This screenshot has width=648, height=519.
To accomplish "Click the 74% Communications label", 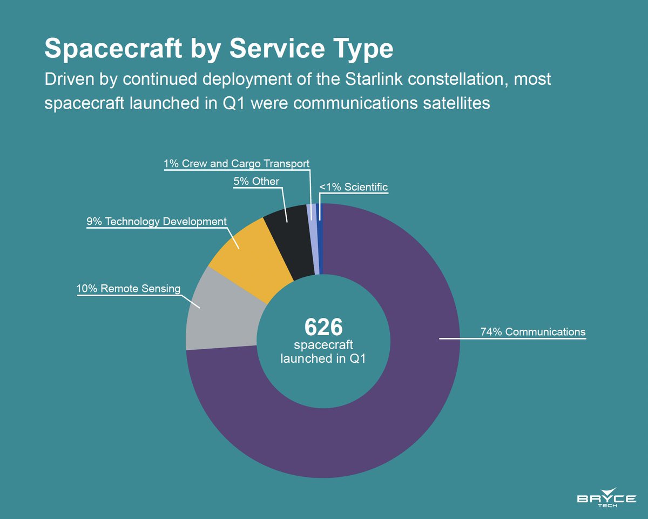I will [532, 331].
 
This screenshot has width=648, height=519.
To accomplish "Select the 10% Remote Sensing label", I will [128, 289].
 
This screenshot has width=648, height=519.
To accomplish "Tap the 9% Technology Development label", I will [157, 222].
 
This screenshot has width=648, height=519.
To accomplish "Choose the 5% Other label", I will [256, 182].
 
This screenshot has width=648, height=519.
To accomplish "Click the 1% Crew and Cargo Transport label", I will [237, 163].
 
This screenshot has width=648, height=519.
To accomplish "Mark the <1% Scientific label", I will [353, 188].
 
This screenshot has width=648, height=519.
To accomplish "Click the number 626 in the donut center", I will [323, 326].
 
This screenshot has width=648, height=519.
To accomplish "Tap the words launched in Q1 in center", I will [323, 358].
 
